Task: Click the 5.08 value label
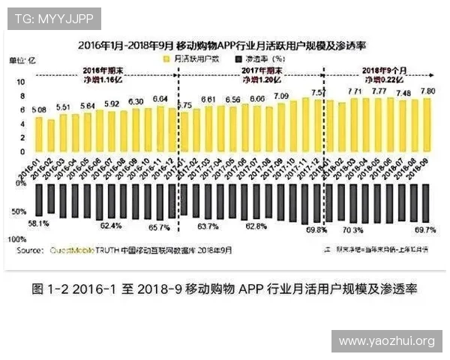(x=39, y=110)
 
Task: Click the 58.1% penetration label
(x=38, y=223)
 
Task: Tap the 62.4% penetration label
(x=110, y=225)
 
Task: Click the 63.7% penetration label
(x=207, y=226)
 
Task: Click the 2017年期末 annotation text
(x=252, y=70)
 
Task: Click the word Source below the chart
(x=29, y=249)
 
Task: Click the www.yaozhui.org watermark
(x=386, y=341)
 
